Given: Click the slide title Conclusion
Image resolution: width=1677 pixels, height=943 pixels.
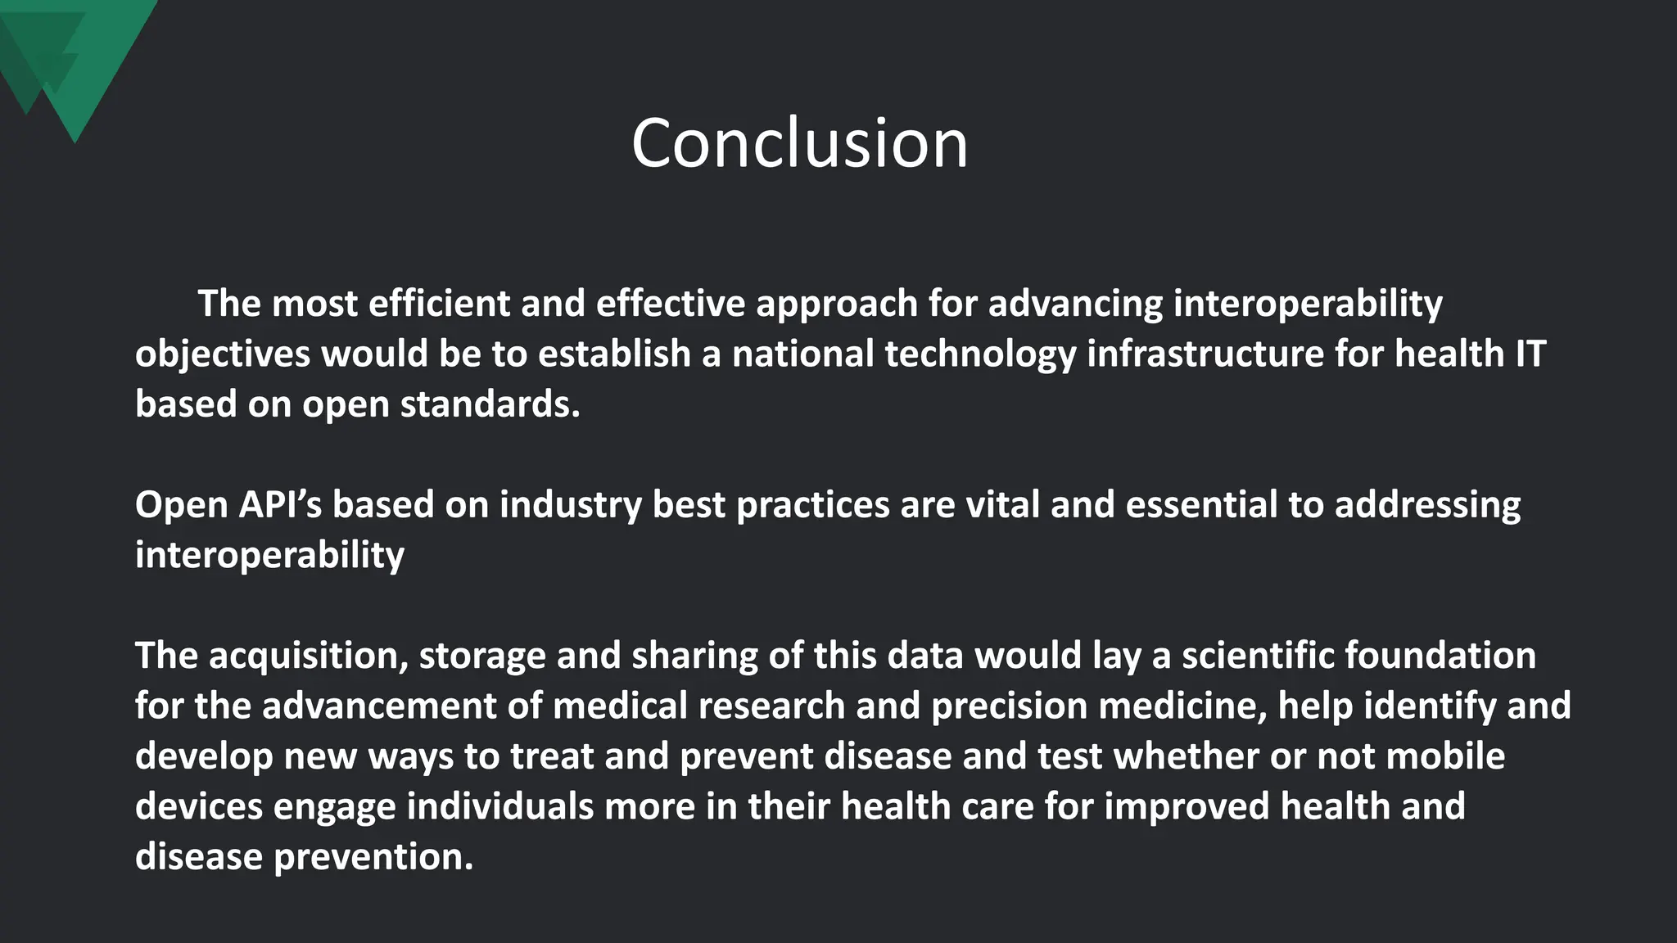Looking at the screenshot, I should pos(799,144).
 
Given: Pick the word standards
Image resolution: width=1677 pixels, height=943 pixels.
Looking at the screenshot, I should pos(489,404).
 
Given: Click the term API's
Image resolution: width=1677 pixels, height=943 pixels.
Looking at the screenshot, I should pos(280,504).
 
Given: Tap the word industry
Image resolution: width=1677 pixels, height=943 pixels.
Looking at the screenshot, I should pos(570,504).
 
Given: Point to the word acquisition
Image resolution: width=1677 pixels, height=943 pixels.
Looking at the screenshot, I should pos(308,656).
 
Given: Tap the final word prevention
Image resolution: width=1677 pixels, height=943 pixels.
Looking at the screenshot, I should pos(373,856).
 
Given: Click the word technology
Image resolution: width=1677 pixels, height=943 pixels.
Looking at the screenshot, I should pos(980,354).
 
